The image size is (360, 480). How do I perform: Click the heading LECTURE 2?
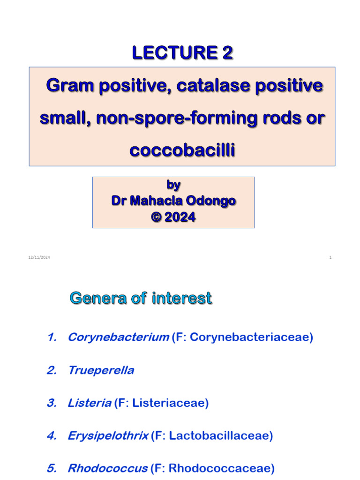pyautogui.click(x=182, y=53)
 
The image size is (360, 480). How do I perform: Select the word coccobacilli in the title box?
pyautogui.click(x=181, y=151)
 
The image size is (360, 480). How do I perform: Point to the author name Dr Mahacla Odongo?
pyautogui.click(x=173, y=201)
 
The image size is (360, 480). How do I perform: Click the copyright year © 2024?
pyautogui.click(x=173, y=217)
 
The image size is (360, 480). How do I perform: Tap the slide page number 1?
pyautogui.click(x=330, y=257)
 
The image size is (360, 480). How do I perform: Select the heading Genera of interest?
pyautogui.click(x=141, y=299)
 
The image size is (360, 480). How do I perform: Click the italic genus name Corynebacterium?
pyautogui.click(x=118, y=337)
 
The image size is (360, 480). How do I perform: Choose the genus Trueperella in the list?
pyautogui.click(x=101, y=370)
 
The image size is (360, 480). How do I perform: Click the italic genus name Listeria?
pyautogui.click(x=90, y=403)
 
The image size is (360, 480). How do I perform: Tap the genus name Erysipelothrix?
pyautogui.click(x=108, y=436)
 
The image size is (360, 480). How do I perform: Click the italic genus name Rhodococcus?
pyautogui.click(x=108, y=468)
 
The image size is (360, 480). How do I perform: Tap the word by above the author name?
pyautogui.click(x=173, y=185)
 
